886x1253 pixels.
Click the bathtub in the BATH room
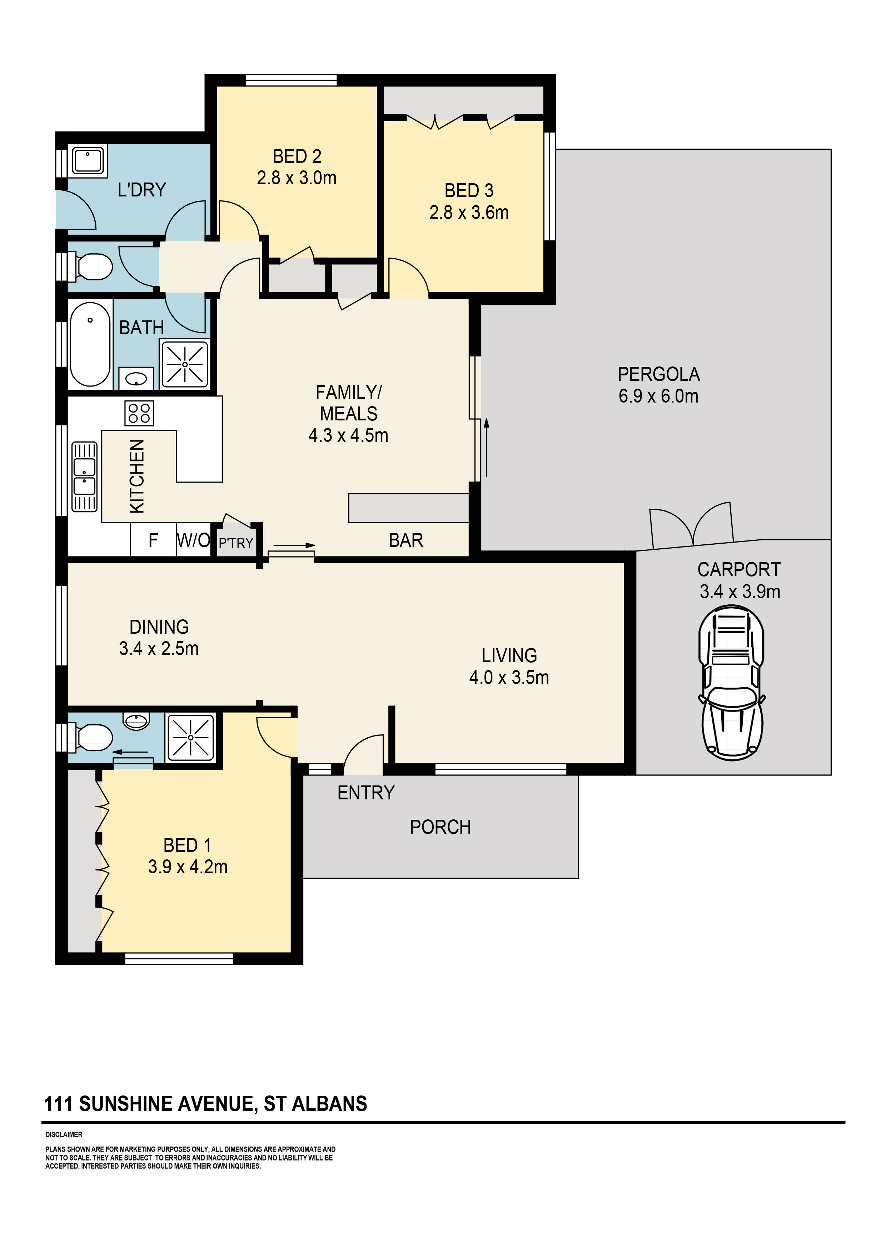click(90, 344)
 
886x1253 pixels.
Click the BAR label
click(405, 540)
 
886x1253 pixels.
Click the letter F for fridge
click(153, 540)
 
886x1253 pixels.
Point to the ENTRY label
click(366, 792)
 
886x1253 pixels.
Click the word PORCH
click(440, 827)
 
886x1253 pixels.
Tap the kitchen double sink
click(85, 476)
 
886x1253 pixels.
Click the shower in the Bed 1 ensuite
click(190, 737)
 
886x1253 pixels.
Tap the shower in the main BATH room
click(185, 364)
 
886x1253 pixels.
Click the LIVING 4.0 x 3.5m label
click(509, 667)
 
